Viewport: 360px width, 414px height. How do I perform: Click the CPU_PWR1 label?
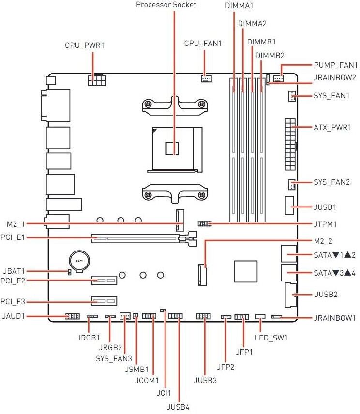point(85,45)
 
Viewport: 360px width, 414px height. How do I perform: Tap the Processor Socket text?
point(166,5)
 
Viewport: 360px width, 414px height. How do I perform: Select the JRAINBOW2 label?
point(335,78)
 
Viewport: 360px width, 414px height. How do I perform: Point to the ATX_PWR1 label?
point(332,128)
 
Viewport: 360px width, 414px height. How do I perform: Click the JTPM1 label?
point(325,224)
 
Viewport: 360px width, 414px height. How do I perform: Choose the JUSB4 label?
point(178,407)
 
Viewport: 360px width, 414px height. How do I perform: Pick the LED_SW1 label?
point(271,338)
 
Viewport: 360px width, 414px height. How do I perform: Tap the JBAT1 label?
point(14,271)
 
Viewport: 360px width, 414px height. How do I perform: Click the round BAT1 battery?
point(79,261)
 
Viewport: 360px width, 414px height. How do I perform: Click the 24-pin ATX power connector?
point(290,144)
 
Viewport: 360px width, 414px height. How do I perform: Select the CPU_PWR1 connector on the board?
point(97,80)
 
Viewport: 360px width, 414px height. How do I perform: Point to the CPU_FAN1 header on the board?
point(206,78)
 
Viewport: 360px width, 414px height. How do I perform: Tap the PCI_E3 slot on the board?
point(104,301)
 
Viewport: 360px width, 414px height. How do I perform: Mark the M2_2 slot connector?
point(202,275)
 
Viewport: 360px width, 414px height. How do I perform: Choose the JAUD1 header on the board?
point(73,316)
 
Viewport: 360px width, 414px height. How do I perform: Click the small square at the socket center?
point(172,148)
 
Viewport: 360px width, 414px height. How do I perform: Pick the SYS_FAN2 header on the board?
point(291,184)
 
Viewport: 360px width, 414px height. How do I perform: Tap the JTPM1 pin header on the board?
point(204,224)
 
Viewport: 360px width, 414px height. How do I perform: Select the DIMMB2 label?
point(270,56)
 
